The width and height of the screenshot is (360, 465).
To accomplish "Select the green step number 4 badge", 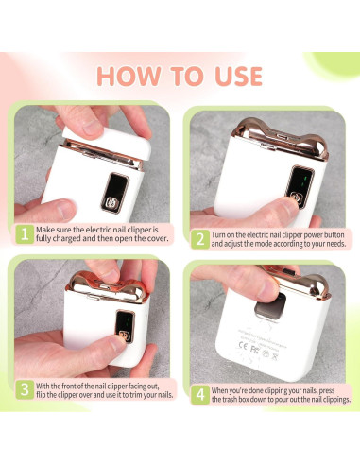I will [199, 392].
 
